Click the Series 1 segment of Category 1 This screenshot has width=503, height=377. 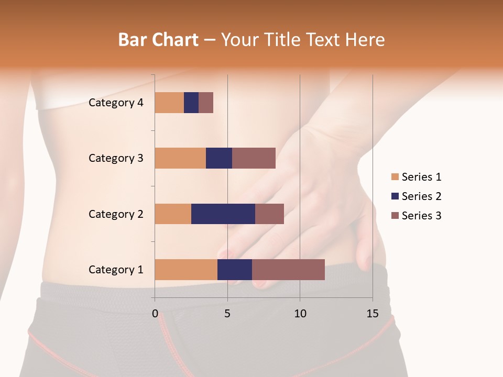click(x=186, y=270)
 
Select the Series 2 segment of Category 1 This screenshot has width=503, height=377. click(x=235, y=270)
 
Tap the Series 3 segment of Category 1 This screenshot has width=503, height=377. click(x=288, y=270)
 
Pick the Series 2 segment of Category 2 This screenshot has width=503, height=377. click(x=223, y=214)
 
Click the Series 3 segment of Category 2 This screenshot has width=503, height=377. click(x=269, y=214)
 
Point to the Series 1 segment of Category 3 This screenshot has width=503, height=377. click(x=180, y=158)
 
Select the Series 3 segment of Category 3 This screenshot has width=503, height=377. click(x=254, y=158)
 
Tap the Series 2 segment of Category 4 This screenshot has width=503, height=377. click(x=191, y=103)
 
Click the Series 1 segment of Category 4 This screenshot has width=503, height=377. click(x=169, y=103)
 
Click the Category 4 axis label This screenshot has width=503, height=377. click(x=116, y=103)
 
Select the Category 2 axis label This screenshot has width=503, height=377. click(x=116, y=214)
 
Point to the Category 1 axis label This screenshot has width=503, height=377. click(x=116, y=270)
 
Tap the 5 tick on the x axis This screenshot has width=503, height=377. click(x=227, y=314)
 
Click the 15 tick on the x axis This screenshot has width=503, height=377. click(x=373, y=314)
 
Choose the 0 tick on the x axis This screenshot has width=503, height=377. click(x=155, y=314)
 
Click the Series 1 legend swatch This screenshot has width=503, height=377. click(x=395, y=177)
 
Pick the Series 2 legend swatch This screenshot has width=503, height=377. click(x=395, y=196)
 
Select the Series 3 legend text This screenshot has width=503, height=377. click(x=421, y=216)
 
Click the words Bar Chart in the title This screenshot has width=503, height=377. click(x=158, y=40)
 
